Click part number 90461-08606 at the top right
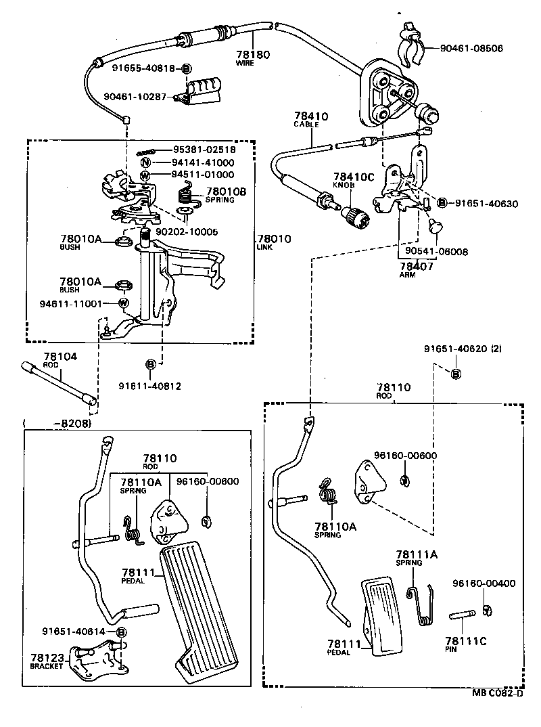pos(471,49)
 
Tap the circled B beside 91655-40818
pos(187,68)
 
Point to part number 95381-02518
pos(204,150)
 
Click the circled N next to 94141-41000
pos(145,162)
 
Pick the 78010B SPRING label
pos(226,195)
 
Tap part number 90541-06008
pos(436,251)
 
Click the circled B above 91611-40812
pos(151,364)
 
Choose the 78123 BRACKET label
pos(46,661)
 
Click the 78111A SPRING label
pos(417,558)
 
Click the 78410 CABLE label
pos(310,120)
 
